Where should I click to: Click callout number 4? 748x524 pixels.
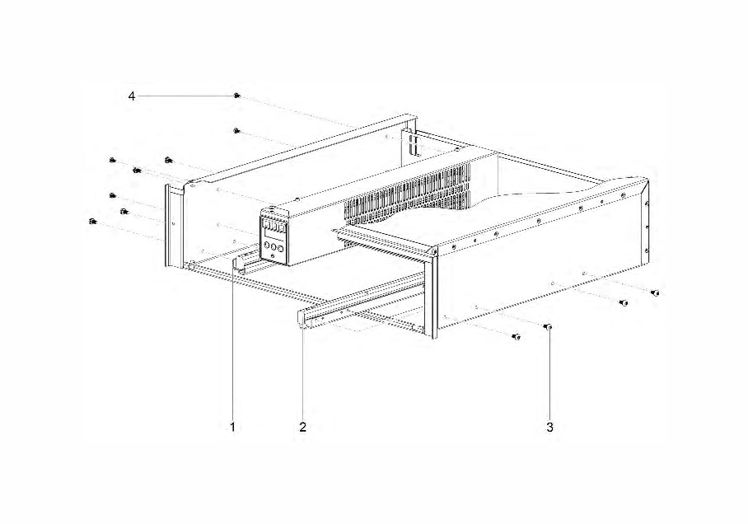coord(132,96)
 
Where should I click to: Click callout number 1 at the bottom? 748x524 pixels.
coord(233,427)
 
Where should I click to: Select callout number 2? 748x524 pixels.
coord(303,427)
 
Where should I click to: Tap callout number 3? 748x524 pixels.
coord(550,427)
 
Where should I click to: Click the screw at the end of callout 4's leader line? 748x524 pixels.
coord(237,96)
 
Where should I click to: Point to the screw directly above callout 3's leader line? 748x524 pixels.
coord(548,327)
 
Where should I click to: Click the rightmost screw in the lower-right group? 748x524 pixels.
coord(656,292)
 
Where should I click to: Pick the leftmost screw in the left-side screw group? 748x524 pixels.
coord(92,222)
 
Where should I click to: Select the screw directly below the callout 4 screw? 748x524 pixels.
coord(237,130)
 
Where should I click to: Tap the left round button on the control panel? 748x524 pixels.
coord(266,246)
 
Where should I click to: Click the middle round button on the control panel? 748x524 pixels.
coord(273,248)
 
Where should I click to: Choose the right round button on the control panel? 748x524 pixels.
coord(280,249)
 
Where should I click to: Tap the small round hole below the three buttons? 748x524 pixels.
coord(273,257)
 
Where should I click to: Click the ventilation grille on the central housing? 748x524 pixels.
coord(408,197)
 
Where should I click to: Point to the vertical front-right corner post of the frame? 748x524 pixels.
coord(434,293)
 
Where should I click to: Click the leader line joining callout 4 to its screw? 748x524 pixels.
coord(186,96)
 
